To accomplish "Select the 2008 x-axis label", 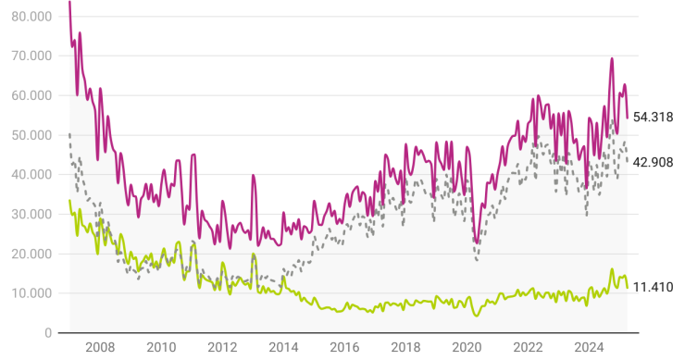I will pyautogui.click(x=100, y=349).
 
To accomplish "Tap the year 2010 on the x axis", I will pyautogui.click(x=161, y=349).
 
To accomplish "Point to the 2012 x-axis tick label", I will pyautogui.click(x=222, y=349).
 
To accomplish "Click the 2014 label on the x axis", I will pyautogui.click(x=283, y=349).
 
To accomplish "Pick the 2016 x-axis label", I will pyautogui.click(x=344, y=349).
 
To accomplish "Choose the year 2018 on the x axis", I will pyautogui.click(x=405, y=349).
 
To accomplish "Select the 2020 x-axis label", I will pyautogui.click(x=467, y=349).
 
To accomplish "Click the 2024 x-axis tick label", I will pyautogui.click(x=589, y=349).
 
